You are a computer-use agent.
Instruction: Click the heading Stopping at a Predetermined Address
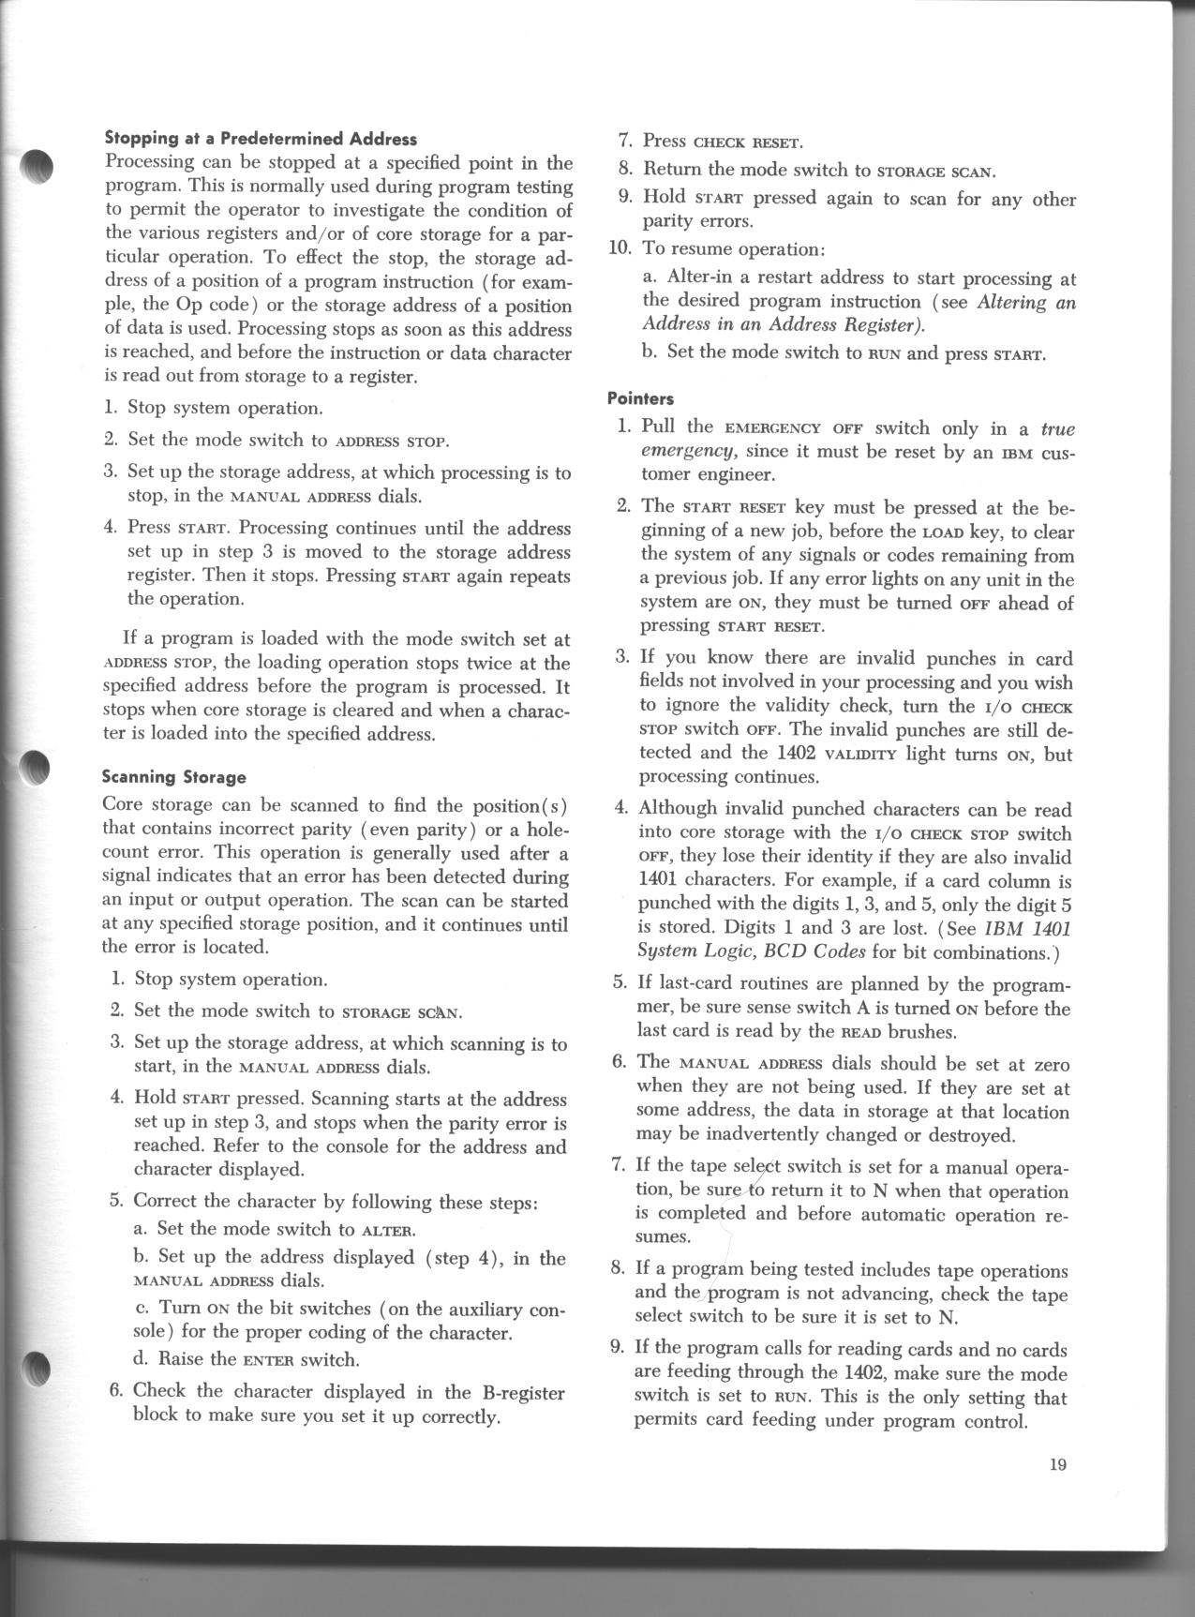[260, 139]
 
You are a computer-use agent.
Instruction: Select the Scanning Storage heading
[173, 776]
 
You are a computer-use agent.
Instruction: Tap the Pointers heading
[640, 398]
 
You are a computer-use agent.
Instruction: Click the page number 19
[1059, 1465]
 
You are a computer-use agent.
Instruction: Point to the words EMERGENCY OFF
[788, 429]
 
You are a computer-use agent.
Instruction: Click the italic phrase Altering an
[1025, 302]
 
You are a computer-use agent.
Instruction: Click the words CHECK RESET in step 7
[747, 143]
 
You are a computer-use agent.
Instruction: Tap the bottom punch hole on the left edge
[36, 1370]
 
